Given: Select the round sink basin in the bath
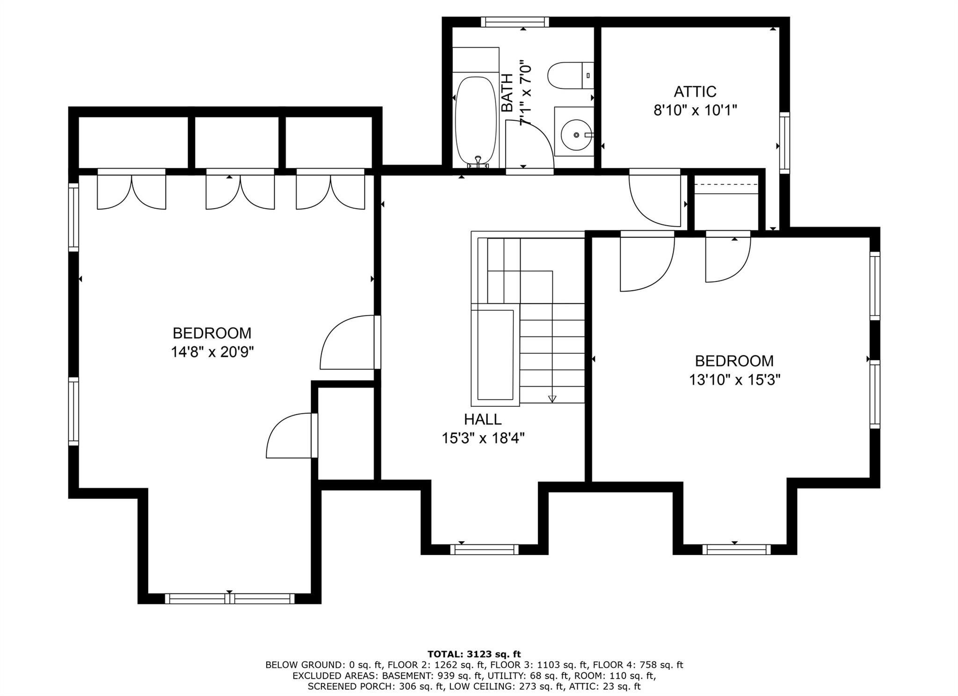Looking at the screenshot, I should [576, 135].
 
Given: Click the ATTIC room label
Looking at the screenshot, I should [695, 91].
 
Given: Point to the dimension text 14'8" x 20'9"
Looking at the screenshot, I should [212, 352].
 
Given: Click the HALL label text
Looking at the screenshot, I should [483, 419].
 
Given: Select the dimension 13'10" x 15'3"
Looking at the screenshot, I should [734, 380].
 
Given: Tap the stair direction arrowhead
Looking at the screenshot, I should [552, 399].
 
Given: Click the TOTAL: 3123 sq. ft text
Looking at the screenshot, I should [474, 654].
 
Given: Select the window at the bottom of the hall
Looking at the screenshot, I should [484, 549].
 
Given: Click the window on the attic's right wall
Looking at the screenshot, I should [784, 143].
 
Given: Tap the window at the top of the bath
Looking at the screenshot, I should [515, 22].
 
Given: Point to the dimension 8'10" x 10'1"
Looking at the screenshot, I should [695, 110].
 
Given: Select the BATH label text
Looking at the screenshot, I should [507, 93].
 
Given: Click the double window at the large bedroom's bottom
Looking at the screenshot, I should [229, 598].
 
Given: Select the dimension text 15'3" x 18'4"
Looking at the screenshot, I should [483, 439].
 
